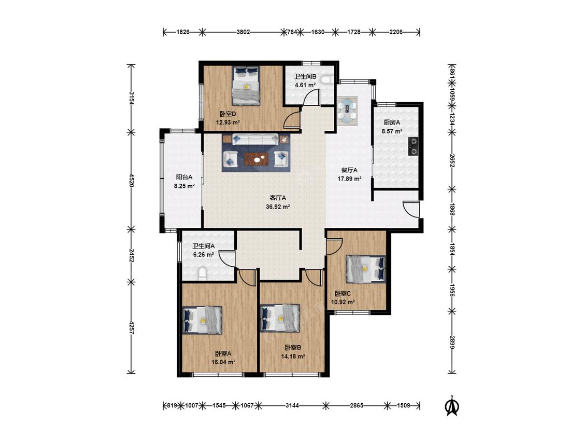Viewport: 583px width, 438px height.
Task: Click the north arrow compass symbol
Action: point(452,406)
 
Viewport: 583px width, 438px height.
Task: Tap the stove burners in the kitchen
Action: point(413,146)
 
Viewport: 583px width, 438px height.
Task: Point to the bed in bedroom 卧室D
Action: point(246,86)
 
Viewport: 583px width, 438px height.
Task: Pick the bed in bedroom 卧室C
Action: point(365,268)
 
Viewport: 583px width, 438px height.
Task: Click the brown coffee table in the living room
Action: point(257,159)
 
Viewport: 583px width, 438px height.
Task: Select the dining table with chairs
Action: point(347,111)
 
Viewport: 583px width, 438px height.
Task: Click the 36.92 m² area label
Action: point(278,207)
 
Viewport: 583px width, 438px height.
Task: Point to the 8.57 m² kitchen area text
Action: point(392,131)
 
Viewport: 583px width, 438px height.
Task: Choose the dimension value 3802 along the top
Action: point(243,32)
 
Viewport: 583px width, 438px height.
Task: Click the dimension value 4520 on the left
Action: point(131,181)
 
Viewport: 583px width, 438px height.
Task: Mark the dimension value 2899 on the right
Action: point(452,342)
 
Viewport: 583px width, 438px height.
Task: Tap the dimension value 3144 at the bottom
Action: point(292,405)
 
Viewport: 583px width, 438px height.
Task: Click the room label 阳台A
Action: point(184,177)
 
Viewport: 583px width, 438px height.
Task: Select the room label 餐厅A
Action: point(349,170)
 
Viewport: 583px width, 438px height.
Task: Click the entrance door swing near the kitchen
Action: point(411,209)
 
